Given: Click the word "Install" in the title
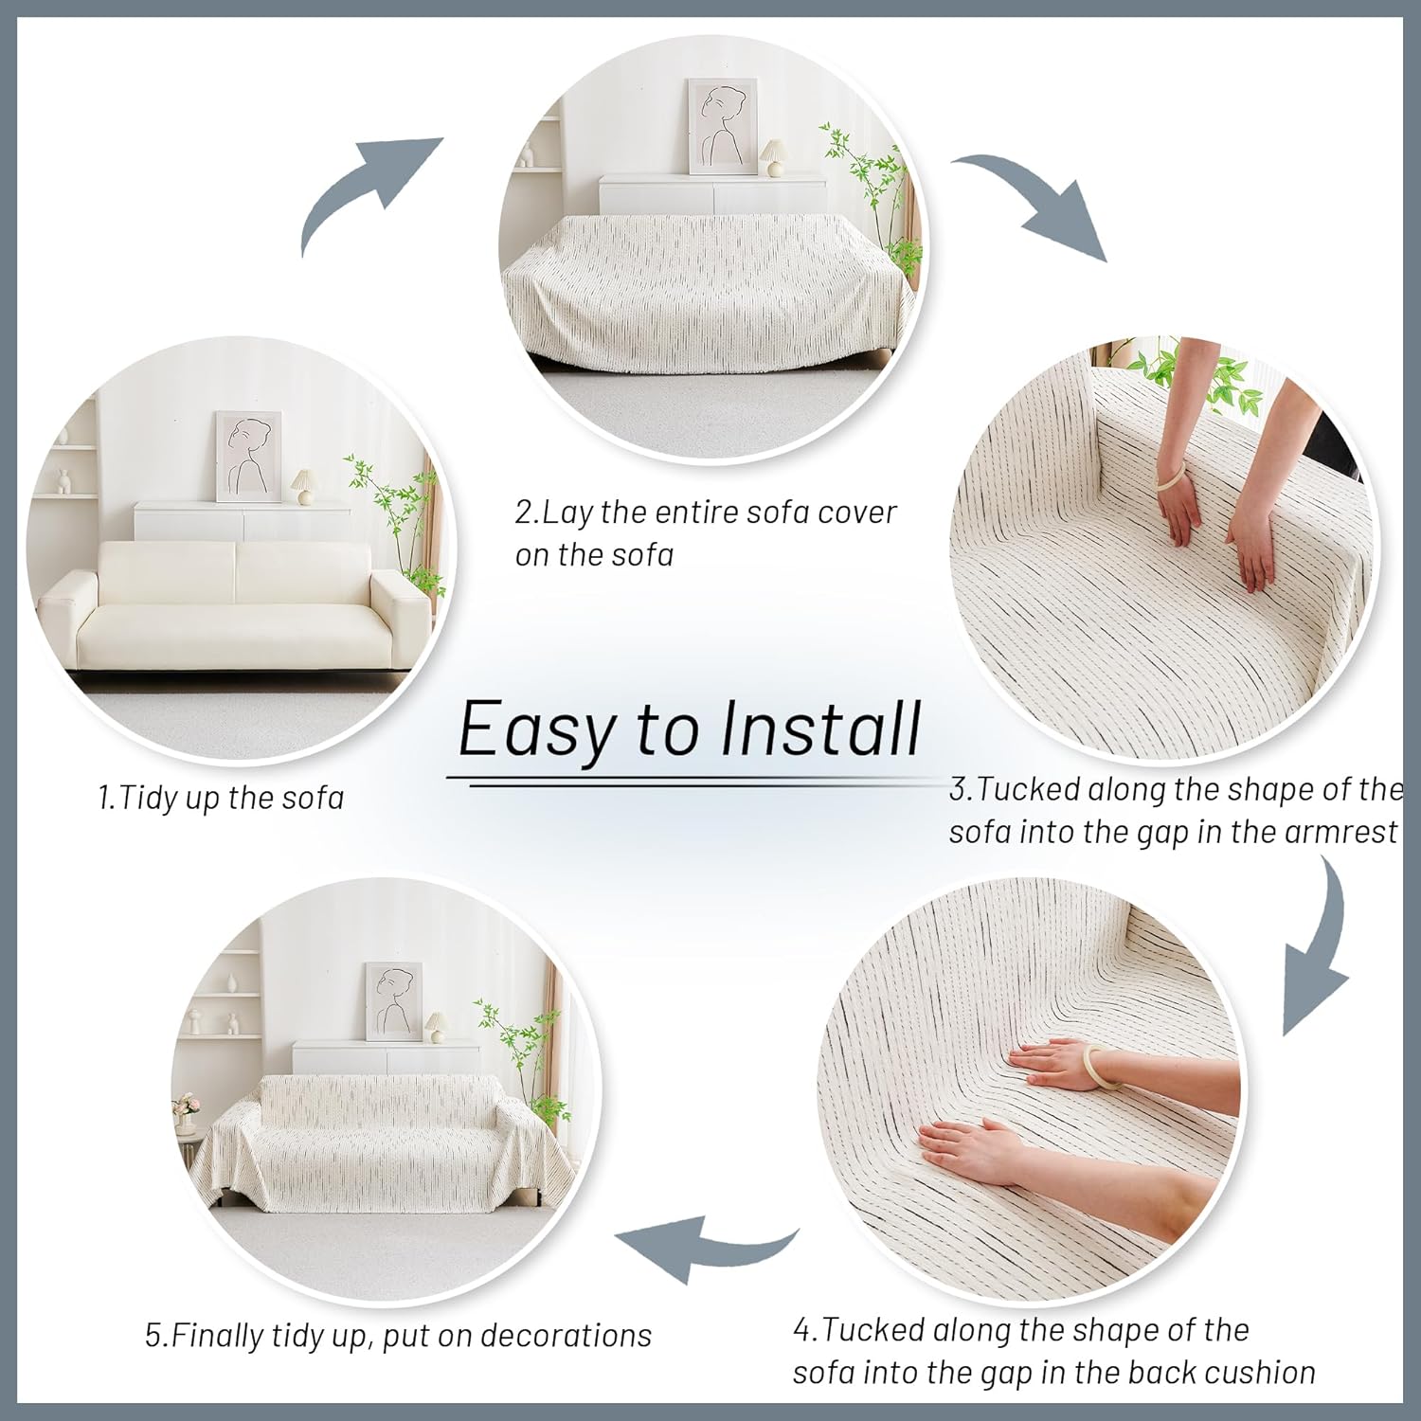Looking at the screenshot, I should tap(820, 729).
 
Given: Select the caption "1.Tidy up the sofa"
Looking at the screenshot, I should tap(221, 798).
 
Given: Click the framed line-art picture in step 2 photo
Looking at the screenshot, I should tap(722, 126).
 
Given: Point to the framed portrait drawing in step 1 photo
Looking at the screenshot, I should tap(249, 456).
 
